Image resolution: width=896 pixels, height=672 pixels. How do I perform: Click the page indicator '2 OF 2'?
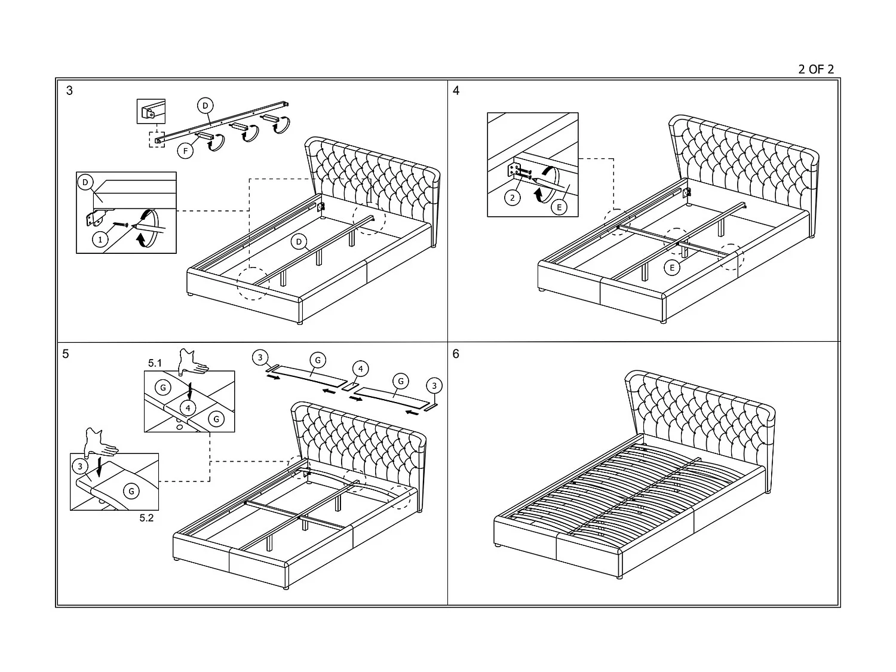pos(815,69)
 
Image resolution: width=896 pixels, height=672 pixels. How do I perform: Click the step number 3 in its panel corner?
pos(69,91)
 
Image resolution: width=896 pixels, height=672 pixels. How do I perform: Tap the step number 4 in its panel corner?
pos(456,91)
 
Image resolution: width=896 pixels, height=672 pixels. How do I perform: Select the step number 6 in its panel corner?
pos(456,354)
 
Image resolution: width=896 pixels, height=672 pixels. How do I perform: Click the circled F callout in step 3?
pos(186,151)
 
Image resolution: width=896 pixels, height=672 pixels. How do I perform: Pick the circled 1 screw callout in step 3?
pos(100,240)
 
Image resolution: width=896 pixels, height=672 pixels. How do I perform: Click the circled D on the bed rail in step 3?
pos(299,241)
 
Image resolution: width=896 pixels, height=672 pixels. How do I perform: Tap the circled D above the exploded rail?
pos(205,106)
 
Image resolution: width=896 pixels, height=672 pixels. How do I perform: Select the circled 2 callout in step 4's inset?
pos(513,197)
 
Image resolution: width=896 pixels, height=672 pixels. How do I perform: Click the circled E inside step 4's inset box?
pos(559,207)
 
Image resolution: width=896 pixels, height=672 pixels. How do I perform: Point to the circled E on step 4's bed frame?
pos(672,267)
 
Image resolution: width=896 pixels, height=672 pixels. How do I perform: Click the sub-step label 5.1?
pos(155,363)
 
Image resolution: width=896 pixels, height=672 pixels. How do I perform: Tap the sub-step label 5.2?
pos(146,518)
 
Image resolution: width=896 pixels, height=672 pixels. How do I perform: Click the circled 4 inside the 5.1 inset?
pos(188,408)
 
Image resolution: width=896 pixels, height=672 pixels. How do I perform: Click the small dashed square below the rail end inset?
pos(157,139)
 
